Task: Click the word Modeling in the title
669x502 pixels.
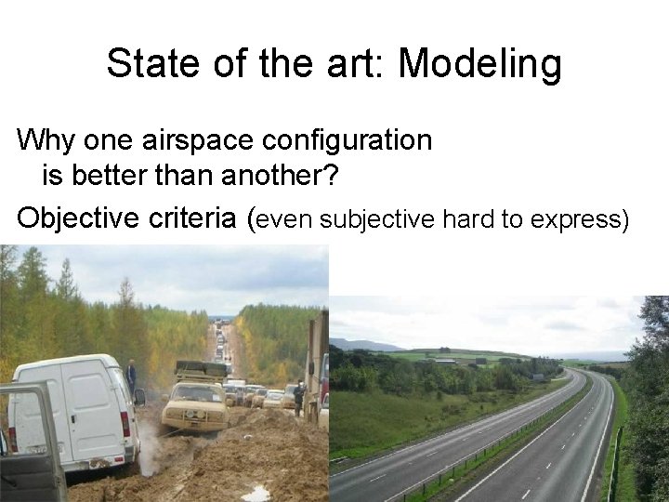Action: pyautogui.click(x=479, y=64)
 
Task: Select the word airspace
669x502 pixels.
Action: pyautogui.click(x=187, y=140)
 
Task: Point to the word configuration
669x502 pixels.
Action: pyautogui.click(x=347, y=140)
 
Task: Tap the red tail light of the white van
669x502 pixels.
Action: pyautogui.click(x=125, y=423)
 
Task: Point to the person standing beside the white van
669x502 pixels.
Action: pyautogui.click(x=132, y=375)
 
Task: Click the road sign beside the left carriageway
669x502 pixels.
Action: pyautogui.click(x=538, y=376)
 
